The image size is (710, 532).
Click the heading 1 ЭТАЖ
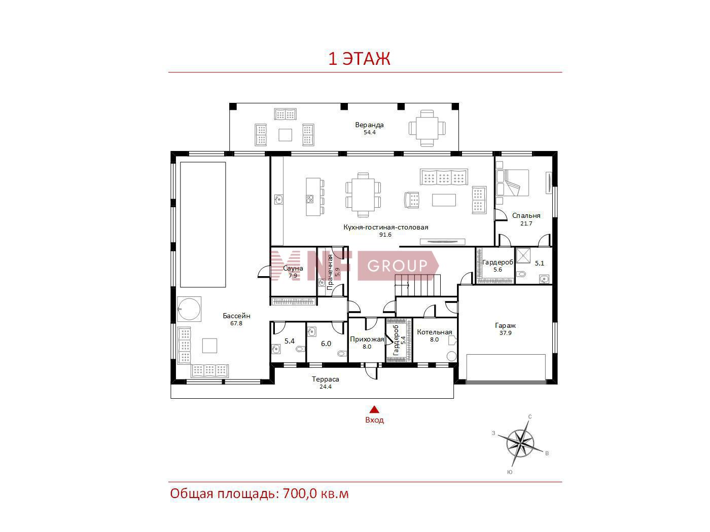[x=359, y=58]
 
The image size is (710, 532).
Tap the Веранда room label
[x=369, y=125]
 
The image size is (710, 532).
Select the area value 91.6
[x=385, y=235]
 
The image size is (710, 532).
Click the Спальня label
[x=526, y=215]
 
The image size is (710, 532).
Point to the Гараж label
[x=505, y=326]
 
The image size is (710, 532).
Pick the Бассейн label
[x=236, y=316]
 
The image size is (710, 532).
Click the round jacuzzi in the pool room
[x=189, y=309]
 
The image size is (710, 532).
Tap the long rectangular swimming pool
[x=203, y=224]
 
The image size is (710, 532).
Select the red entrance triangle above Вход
[x=374, y=409]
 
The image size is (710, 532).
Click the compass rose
[x=520, y=443]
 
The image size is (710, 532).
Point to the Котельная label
[x=435, y=332]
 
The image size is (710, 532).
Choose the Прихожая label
[x=367, y=339]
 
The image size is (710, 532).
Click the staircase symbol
[x=417, y=285]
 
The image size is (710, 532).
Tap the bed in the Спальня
[x=513, y=183]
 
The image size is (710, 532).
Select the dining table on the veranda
[x=427, y=128]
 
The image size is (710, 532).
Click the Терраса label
[x=326, y=379]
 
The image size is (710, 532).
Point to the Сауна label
[x=293, y=268]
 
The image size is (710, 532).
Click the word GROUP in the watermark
[x=397, y=265]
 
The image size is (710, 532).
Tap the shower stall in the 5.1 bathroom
[x=522, y=255]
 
